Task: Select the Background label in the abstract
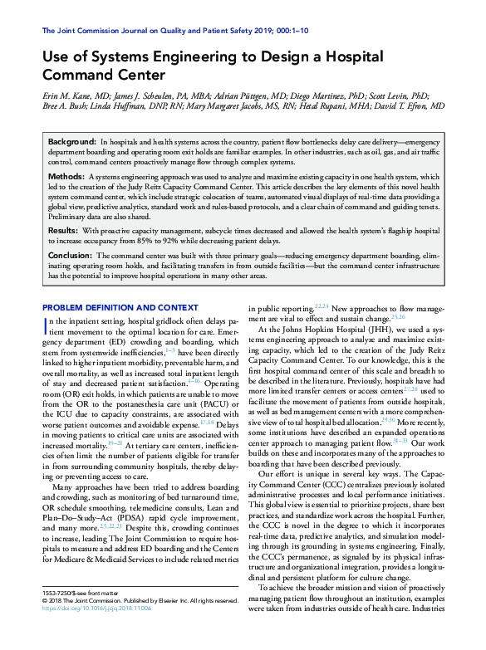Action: [x=71, y=144]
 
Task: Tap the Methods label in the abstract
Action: [x=66, y=177]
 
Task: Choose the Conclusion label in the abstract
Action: [x=70, y=256]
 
